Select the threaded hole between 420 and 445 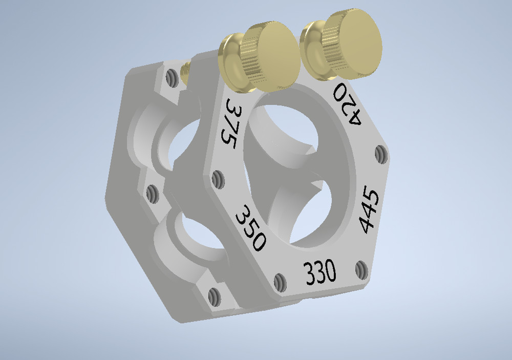tap(380, 153)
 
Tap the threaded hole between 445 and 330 tap(361, 270)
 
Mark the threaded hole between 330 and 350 tap(280, 283)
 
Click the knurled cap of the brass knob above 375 tap(271, 55)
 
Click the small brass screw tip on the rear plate tap(185, 71)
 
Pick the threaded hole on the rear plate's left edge tap(152, 194)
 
